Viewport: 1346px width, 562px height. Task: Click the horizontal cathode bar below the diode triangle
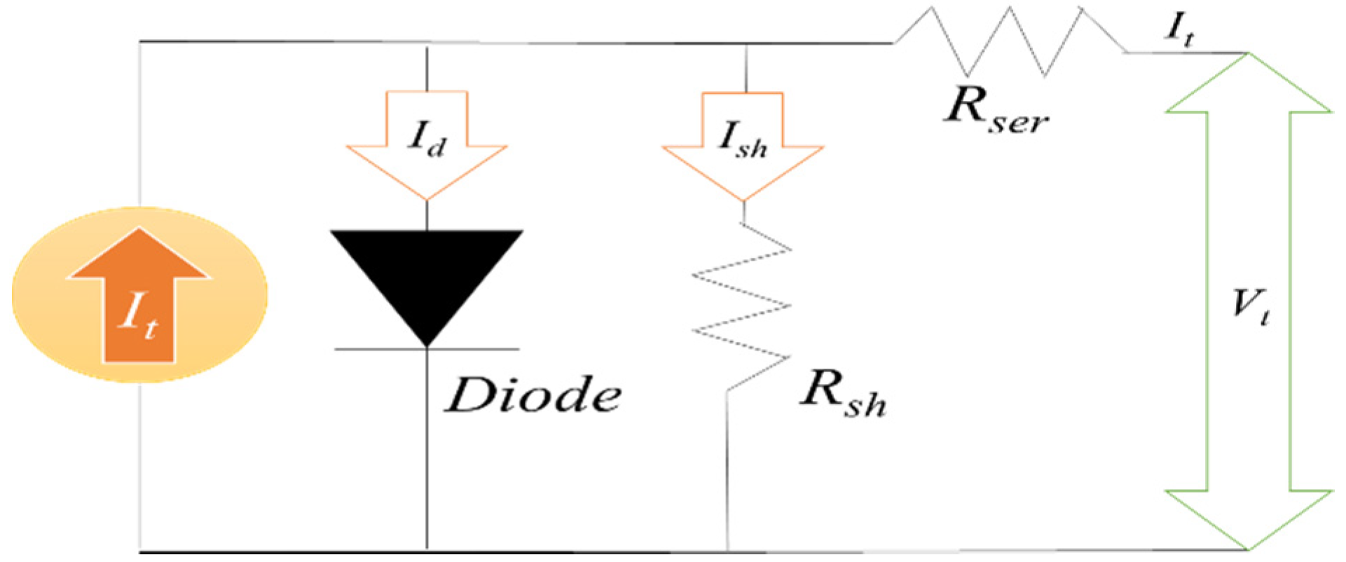coord(427,349)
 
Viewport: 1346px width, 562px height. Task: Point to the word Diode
coord(533,396)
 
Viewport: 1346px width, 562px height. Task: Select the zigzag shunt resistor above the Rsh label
coord(741,305)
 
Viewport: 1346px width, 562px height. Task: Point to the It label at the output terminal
coord(1179,29)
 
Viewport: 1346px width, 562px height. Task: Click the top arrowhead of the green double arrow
coord(1248,84)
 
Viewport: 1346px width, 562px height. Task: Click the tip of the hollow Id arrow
coord(427,198)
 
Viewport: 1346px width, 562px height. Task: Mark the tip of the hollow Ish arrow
coord(743,200)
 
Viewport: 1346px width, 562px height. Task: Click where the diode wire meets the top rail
coord(427,43)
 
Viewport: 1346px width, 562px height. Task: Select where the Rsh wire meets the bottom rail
coord(727,550)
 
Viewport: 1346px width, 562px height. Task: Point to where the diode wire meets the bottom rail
coord(427,550)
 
